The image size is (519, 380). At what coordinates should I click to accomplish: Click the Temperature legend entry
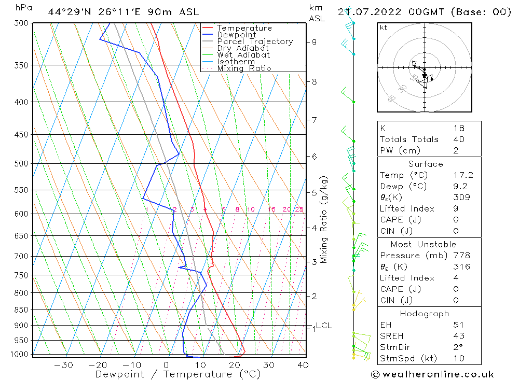click(x=244, y=28)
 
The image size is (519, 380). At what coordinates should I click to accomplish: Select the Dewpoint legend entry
click(x=236, y=35)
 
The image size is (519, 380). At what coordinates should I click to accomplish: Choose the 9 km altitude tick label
click(x=314, y=42)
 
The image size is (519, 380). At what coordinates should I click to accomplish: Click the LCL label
click(x=323, y=326)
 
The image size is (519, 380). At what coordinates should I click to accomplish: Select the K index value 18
click(x=458, y=128)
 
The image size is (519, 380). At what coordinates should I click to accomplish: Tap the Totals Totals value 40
click(x=458, y=139)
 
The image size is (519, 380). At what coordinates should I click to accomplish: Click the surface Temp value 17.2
click(x=462, y=175)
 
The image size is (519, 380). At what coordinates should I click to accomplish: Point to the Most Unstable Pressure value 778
click(x=461, y=256)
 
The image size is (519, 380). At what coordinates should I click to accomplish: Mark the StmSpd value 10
click(x=458, y=358)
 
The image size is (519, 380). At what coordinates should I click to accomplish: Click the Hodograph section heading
click(x=425, y=314)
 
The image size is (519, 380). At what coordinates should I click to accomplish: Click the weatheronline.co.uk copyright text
click(x=432, y=374)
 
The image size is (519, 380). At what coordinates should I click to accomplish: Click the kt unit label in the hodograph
click(x=383, y=27)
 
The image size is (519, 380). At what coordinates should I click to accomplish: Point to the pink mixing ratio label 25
click(x=299, y=209)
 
